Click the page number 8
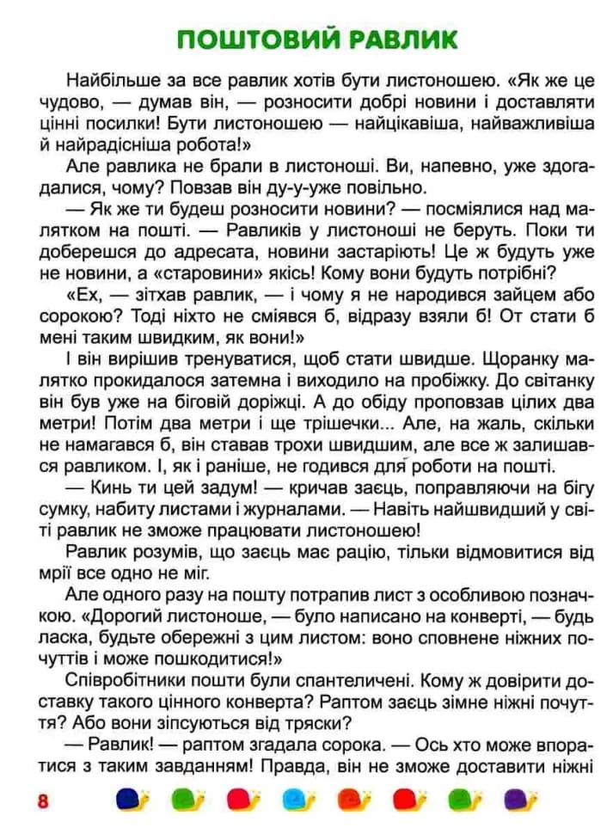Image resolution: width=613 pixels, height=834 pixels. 42,800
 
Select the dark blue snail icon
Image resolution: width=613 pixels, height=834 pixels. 132,799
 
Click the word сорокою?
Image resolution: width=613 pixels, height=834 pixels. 77,316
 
